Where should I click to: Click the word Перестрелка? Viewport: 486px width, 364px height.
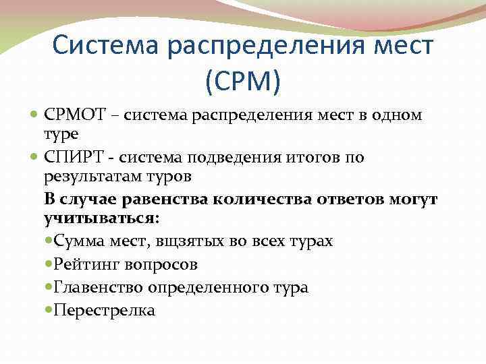pyautogui.click(x=104, y=310)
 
